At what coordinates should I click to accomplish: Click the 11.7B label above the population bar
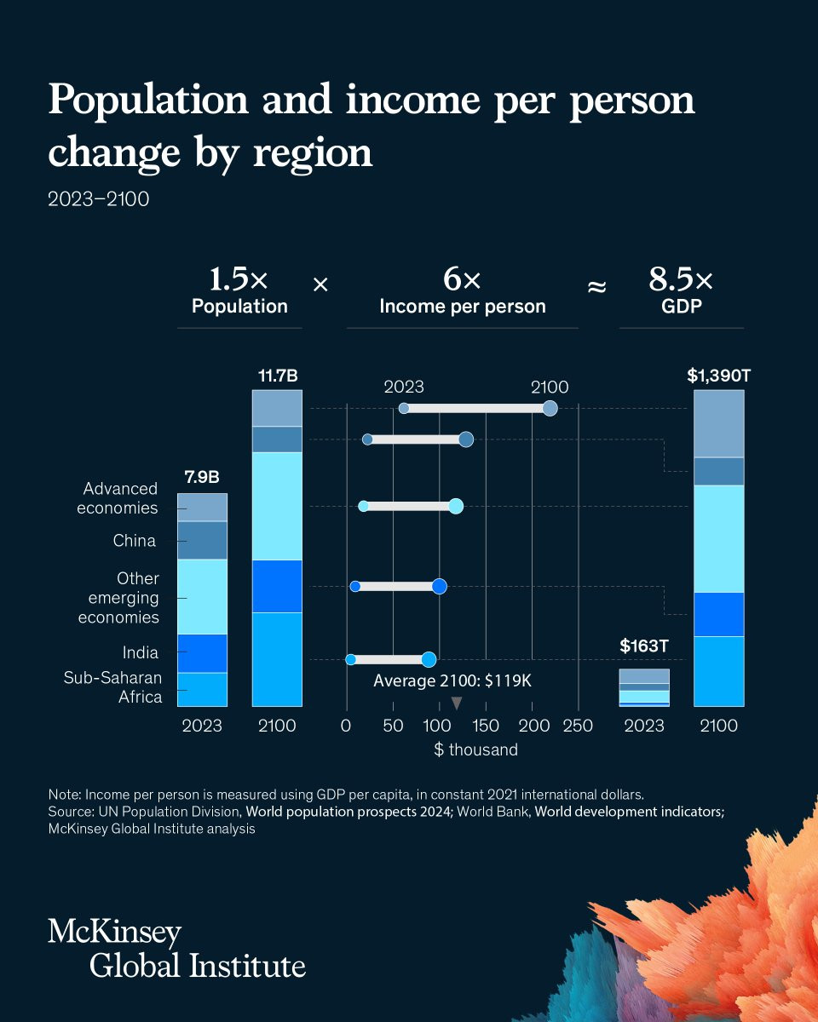pyautogui.click(x=277, y=375)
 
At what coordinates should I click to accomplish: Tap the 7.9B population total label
pyautogui.click(x=202, y=475)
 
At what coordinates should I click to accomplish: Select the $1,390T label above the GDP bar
pyautogui.click(x=719, y=375)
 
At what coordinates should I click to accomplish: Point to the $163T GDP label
pyautogui.click(x=643, y=646)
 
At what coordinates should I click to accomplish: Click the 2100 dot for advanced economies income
pyautogui.click(x=550, y=409)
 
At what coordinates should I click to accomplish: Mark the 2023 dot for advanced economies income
pyautogui.click(x=404, y=409)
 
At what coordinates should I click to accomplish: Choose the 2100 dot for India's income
pyautogui.click(x=440, y=586)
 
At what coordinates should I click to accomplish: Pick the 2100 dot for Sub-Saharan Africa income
pyautogui.click(x=429, y=659)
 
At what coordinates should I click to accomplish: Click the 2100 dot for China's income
pyautogui.click(x=465, y=439)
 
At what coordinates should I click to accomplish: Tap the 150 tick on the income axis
pyautogui.click(x=486, y=726)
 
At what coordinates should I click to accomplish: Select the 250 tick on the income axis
pyautogui.click(x=579, y=726)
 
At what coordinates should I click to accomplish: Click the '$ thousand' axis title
pyautogui.click(x=475, y=749)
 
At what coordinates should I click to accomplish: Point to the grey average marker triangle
pyautogui.click(x=457, y=703)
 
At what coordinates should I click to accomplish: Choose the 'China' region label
pyautogui.click(x=135, y=541)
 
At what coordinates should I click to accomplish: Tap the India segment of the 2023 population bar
pyautogui.click(x=202, y=653)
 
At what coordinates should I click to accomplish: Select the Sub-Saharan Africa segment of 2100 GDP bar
pyautogui.click(x=719, y=671)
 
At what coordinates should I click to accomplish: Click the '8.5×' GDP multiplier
pyautogui.click(x=681, y=280)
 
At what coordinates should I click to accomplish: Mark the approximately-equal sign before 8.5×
pyautogui.click(x=597, y=288)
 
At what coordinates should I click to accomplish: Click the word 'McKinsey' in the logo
pyautogui.click(x=114, y=933)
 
